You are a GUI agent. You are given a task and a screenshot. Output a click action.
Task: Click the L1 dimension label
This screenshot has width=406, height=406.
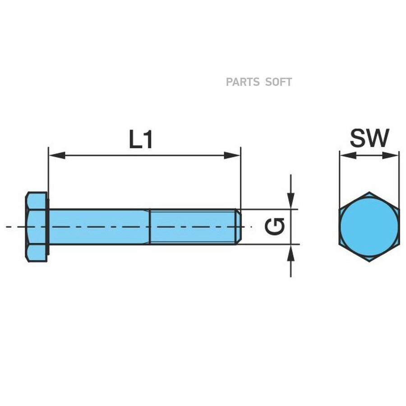[141, 139]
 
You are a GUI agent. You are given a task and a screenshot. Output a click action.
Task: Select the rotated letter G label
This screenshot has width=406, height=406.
[274, 226]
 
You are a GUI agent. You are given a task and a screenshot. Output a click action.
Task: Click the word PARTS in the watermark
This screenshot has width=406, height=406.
[243, 82]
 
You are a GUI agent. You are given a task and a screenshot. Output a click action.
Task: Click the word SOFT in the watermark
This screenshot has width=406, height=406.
[279, 82]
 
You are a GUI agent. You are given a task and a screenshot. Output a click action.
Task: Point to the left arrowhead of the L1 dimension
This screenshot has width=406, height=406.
[57, 155]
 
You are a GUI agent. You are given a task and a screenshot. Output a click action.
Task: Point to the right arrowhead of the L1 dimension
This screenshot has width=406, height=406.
[232, 155]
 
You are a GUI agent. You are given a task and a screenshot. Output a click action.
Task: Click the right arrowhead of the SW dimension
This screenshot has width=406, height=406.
[391, 155]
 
